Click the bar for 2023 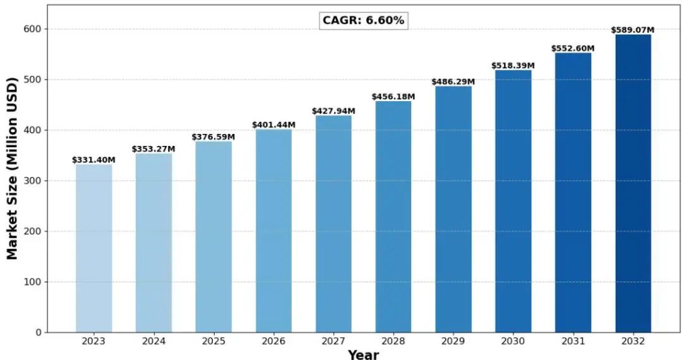(x=93, y=248)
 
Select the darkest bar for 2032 (x=633, y=183)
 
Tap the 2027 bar (x=333, y=224)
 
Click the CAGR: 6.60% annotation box (x=363, y=20)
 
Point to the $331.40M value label (x=93, y=160)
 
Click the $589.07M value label (x=633, y=30)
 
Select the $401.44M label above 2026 (x=273, y=125)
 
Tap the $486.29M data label (x=453, y=82)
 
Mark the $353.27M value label (x=153, y=149)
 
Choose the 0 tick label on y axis (x=38, y=332)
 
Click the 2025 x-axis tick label (x=213, y=341)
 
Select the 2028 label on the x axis (x=393, y=341)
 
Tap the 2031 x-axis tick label (x=573, y=341)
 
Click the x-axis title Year (x=363, y=354)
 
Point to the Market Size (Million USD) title (x=12, y=169)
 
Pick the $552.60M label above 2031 (x=573, y=49)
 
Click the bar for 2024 (x=153, y=243)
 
